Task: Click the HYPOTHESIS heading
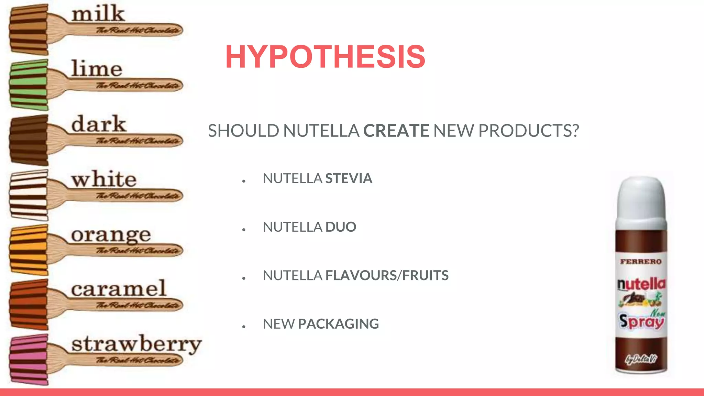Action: (x=325, y=57)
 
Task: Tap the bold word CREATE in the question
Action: (x=396, y=131)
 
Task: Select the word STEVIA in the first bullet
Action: (x=349, y=179)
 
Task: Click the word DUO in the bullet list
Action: (x=341, y=227)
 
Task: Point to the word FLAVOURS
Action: (x=361, y=276)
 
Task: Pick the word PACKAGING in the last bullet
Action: (x=338, y=324)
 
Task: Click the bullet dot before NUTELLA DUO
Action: (x=244, y=229)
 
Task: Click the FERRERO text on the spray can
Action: (x=641, y=262)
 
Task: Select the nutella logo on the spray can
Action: (x=641, y=284)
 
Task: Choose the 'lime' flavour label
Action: (x=97, y=68)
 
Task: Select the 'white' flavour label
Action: (x=104, y=179)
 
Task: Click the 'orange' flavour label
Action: (x=111, y=235)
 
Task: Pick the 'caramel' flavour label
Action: (x=119, y=289)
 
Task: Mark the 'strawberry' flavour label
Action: (x=136, y=344)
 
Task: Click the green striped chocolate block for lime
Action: (x=29, y=85)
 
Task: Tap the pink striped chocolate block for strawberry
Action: (x=29, y=359)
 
